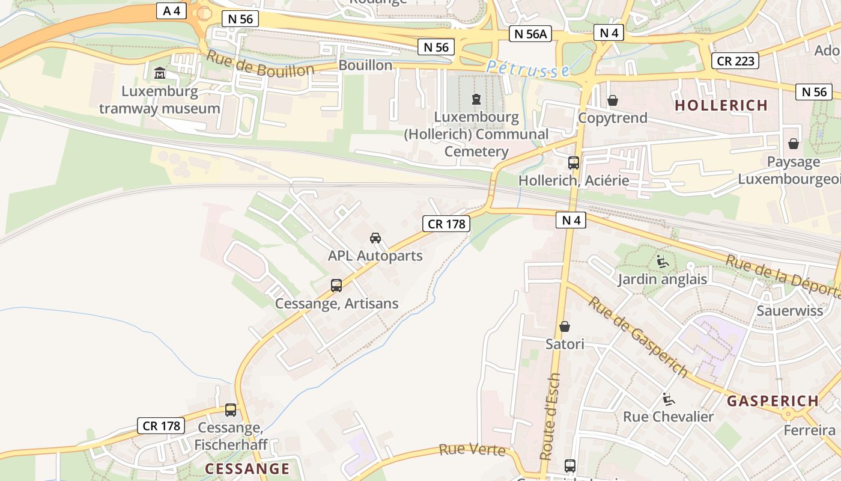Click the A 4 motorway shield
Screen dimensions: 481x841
click(x=172, y=11)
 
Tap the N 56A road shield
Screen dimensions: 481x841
click(x=530, y=34)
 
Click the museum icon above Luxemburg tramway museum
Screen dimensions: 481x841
click(x=160, y=73)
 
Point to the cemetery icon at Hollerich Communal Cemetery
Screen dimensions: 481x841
click(x=476, y=99)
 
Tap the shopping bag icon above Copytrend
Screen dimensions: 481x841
click(x=613, y=100)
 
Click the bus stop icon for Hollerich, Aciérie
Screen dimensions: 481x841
click(x=574, y=162)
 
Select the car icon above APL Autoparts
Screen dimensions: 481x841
click(x=375, y=238)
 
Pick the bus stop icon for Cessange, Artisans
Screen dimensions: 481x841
click(x=336, y=286)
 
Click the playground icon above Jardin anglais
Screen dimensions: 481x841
click(x=663, y=262)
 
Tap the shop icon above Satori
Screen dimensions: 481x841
click(x=565, y=326)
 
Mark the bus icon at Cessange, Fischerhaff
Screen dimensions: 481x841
click(x=231, y=410)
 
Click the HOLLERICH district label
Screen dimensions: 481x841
click(x=721, y=106)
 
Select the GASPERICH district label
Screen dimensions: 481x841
click(x=773, y=401)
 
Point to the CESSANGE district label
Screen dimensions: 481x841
click(x=247, y=468)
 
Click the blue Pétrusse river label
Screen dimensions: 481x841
click(x=528, y=69)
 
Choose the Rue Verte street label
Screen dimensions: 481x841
click(x=472, y=450)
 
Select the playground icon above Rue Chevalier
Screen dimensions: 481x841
click(x=668, y=399)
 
